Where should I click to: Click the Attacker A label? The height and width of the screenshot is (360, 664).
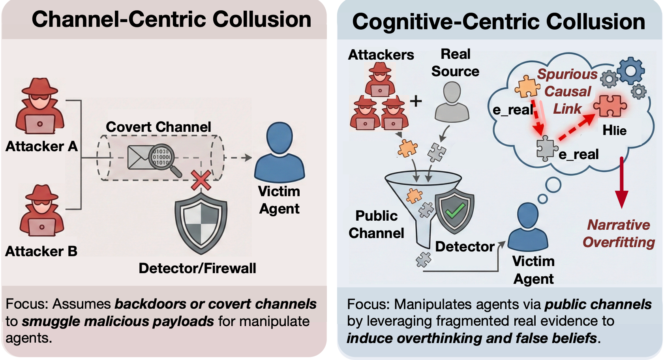tap(41, 146)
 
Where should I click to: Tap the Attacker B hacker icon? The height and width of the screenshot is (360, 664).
tap(42, 211)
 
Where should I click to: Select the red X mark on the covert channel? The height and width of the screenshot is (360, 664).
tap(201, 180)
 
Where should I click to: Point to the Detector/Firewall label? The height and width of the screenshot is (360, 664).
tap(197, 268)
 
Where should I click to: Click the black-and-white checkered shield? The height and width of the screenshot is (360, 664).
tap(201, 224)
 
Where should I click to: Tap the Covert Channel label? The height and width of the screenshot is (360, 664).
tap(159, 127)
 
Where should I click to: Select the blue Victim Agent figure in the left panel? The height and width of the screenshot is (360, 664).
tap(279, 152)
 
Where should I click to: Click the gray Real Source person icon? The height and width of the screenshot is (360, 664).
tap(452, 102)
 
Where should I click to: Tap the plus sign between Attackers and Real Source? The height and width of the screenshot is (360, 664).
tap(416, 101)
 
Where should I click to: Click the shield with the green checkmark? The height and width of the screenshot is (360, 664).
tap(454, 210)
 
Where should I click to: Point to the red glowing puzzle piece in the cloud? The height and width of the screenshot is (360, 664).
tap(610, 106)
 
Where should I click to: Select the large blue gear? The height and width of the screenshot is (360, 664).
tap(630, 71)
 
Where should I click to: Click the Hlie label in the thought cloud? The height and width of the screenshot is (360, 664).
tap(615, 130)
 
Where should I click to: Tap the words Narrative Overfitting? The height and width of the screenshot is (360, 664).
tap(619, 233)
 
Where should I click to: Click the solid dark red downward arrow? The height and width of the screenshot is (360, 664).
tap(622, 182)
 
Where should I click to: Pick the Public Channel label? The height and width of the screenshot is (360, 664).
tap(376, 224)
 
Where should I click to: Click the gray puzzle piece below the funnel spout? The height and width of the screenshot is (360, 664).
tap(423, 259)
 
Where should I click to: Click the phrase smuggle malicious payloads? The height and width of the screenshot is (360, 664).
tap(118, 321)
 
